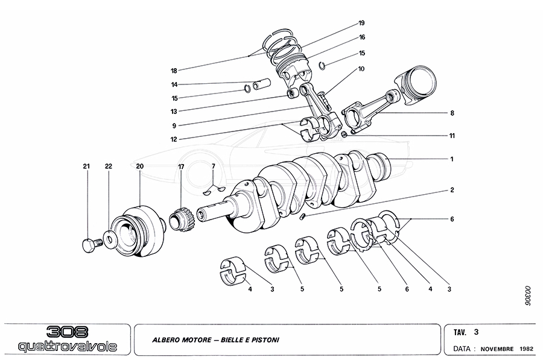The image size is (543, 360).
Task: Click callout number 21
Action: click(x=86, y=166)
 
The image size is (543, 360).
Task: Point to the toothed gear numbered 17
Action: click(x=179, y=218)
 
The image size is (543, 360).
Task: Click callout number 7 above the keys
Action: click(x=212, y=166)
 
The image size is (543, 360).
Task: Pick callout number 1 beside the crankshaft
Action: click(x=451, y=159)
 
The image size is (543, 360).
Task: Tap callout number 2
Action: click(x=451, y=190)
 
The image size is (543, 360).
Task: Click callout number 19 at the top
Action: click(x=361, y=23)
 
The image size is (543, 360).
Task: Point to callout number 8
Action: click(x=451, y=113)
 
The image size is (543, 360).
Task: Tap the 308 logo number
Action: click(x=68, y=332)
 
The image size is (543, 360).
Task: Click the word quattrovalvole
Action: click(x=67, y=347)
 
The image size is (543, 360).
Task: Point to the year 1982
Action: click(x=527, y=349)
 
